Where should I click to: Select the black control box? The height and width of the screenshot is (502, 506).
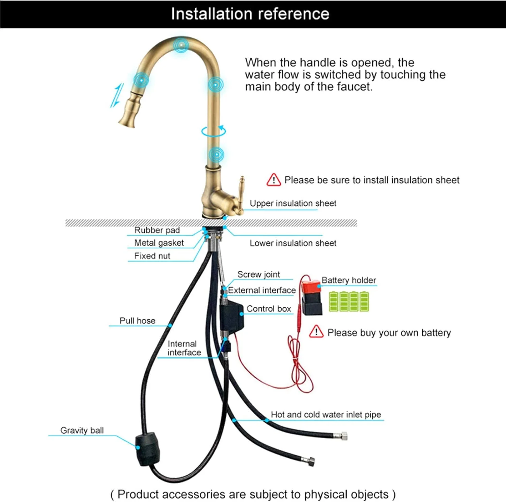click(x=231, y=316)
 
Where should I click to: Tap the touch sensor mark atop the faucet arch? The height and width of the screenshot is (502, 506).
click(x=181, y=45)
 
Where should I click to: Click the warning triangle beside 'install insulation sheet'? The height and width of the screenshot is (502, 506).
click(x=274, y=180)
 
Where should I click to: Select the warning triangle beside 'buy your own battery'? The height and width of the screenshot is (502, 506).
click(x=316, y=332)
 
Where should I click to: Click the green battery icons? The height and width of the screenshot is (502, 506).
click(x=349, y=301)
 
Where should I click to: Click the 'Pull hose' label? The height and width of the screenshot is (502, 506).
click(x=138, y=321)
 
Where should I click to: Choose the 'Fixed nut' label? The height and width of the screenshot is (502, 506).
click(x=152, y=256)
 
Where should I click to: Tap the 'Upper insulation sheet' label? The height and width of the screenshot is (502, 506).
click(x=293, y=203)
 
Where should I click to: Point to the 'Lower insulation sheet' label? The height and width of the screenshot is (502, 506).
click(x=293, y=243)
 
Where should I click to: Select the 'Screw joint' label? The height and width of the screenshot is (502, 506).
click(x=258, y=274)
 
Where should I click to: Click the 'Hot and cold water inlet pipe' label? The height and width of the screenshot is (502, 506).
click(x=326, y=414)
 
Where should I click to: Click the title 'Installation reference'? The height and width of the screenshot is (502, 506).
click(x=250, y=14)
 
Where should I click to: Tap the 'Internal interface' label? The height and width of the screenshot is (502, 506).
click(x=184, y=348)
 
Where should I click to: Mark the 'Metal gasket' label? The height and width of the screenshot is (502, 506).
click(x=159, y=243)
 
